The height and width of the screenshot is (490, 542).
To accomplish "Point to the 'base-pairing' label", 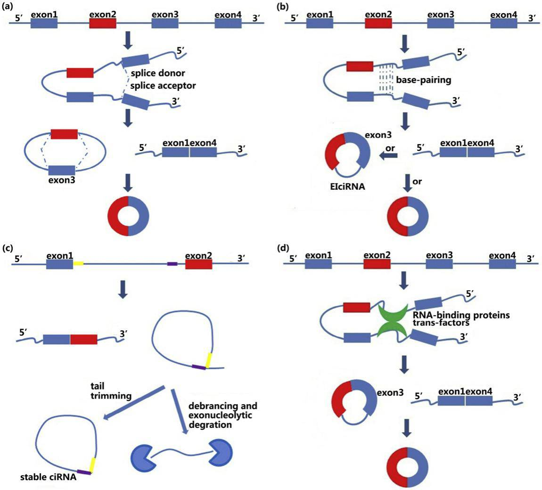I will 423,80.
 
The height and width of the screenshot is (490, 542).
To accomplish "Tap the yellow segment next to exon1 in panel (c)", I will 78,263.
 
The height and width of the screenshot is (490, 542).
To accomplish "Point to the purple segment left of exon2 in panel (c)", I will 172,264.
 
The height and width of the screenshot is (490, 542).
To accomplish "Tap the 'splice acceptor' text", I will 163,86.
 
